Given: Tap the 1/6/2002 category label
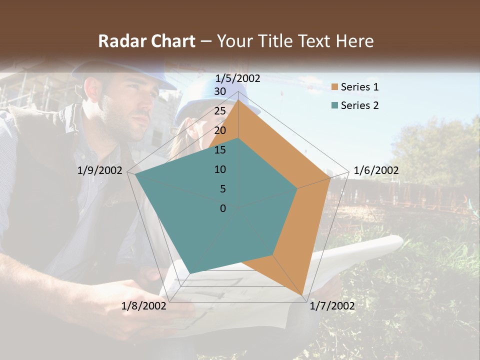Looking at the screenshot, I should coord(376,170).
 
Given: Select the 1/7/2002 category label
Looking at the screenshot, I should coord(332,306).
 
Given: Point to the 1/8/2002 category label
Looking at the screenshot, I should coord(144,306).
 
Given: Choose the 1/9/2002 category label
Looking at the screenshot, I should coord(100,170).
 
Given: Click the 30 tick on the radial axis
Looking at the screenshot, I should coord(220,91).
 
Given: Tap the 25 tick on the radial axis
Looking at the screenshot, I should coord(220,111).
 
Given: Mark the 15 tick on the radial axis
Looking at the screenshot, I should coord(220,150).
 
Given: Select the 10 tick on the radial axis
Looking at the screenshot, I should coord(220,169).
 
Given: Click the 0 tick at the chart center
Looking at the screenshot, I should coord(223,208).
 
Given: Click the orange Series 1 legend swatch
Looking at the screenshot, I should coord(335,87).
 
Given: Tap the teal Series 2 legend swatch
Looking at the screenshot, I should coord(335,105).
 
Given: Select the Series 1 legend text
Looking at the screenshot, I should coord(359,87).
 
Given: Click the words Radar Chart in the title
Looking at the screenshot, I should coord(146,41).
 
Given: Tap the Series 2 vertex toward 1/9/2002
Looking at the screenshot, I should coord(135,174).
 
